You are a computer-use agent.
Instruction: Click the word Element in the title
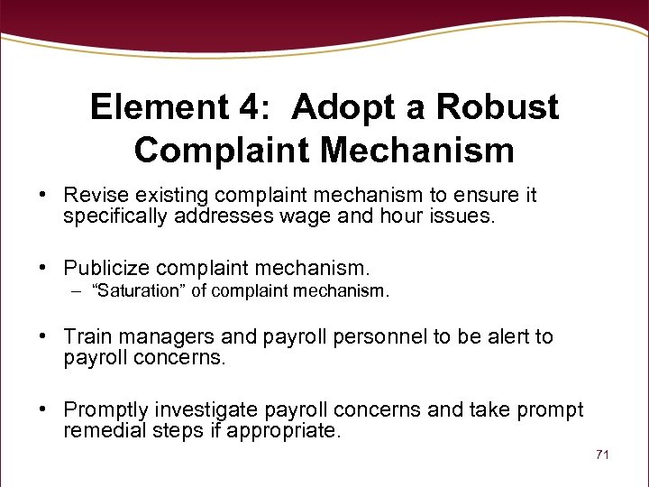159,108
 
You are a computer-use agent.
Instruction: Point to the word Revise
89,195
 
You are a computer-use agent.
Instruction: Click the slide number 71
602,455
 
